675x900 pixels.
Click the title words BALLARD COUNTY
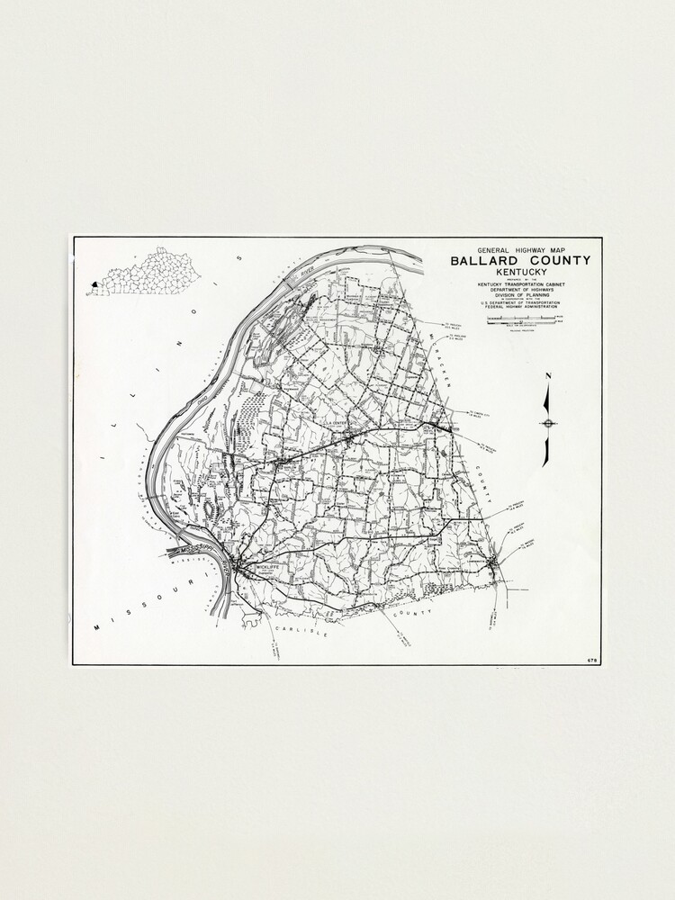[x=521, y=261]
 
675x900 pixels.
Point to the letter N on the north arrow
[x=548, y=376]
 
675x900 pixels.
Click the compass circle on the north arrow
[x=548, y=423]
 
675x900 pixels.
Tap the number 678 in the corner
[x=591, y=660]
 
